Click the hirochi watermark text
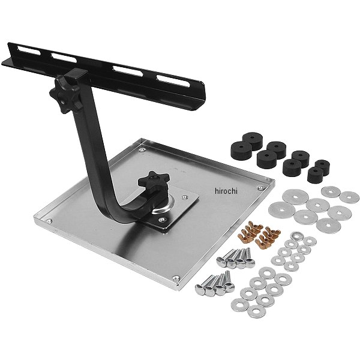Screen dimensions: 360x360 (226, 191)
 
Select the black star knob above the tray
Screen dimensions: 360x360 (154, 179)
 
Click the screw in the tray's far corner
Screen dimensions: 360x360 (143, 150)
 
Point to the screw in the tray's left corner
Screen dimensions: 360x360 (49, 221)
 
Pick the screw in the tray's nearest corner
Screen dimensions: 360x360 (176, 279)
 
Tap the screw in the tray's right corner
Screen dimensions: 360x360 (260, 188)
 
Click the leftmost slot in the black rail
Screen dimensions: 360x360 (29, 51)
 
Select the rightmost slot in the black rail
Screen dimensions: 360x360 (173, 80)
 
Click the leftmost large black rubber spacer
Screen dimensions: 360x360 (242, 151)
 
